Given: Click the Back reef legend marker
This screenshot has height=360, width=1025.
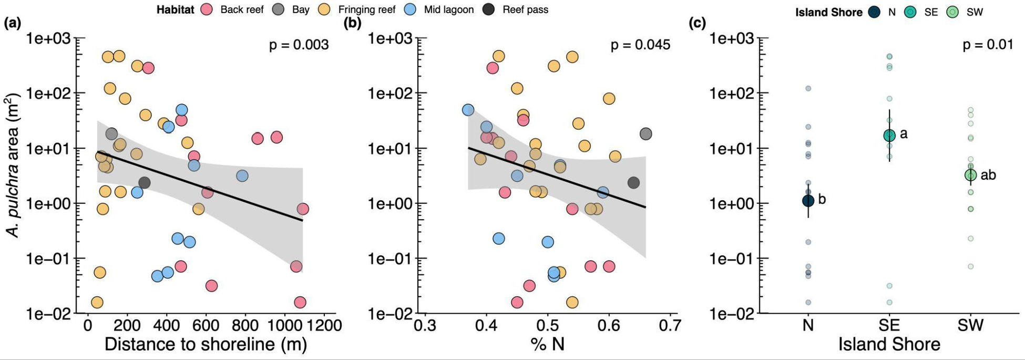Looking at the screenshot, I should [207, 9].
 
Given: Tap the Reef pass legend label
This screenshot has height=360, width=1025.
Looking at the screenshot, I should [525, 9].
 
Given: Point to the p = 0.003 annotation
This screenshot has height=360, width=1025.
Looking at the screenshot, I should [299, 45].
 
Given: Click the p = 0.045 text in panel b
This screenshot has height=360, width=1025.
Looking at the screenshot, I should [640, 45].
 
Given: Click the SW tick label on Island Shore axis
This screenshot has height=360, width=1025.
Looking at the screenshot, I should [970, 326].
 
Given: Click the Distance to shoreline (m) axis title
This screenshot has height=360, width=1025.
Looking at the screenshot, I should [206, 345].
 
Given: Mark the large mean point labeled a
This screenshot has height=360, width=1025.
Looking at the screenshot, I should [889, 136].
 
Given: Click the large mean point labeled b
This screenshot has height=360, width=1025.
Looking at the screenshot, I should [808, 200].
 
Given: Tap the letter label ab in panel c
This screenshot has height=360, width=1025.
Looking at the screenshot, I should [988, 175].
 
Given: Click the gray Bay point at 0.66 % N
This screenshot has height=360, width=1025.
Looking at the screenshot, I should [645, 134].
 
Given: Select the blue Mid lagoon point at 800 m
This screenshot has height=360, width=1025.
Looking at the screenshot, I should [242, 176].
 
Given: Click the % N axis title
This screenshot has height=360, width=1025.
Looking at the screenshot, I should [547, 345].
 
